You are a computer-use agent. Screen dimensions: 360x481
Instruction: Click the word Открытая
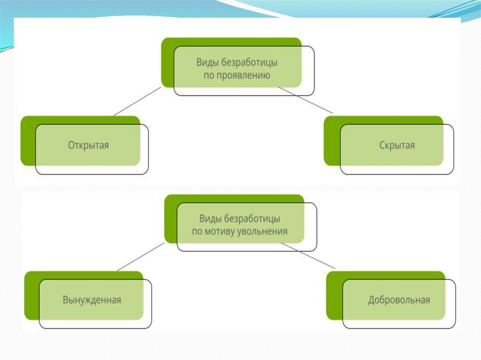pyautogui.click(x=88, y=145)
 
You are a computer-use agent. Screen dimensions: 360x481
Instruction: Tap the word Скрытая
pyautogui.click(x=397, y=145)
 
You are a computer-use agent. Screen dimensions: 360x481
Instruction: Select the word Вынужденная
pyautogui.click(x=92, y=300)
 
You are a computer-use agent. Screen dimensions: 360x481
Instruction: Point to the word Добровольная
pyautogui.click(x=399, y=300)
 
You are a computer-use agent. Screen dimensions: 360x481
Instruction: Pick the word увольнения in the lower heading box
pyautogui.click(x=264, y=231)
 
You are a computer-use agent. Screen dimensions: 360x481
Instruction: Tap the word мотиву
pyautogui.click(x=222, y=231)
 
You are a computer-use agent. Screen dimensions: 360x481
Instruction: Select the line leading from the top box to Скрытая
pyautogui.click(x=306, y=100)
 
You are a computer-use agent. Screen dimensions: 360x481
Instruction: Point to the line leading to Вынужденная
pyautogui.click(x=140, y=257)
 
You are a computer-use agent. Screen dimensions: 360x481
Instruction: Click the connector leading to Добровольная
pyautogui.click(x=308, y=256)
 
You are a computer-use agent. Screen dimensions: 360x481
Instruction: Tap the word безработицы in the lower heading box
pyautogui.click(x=253, y=219)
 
